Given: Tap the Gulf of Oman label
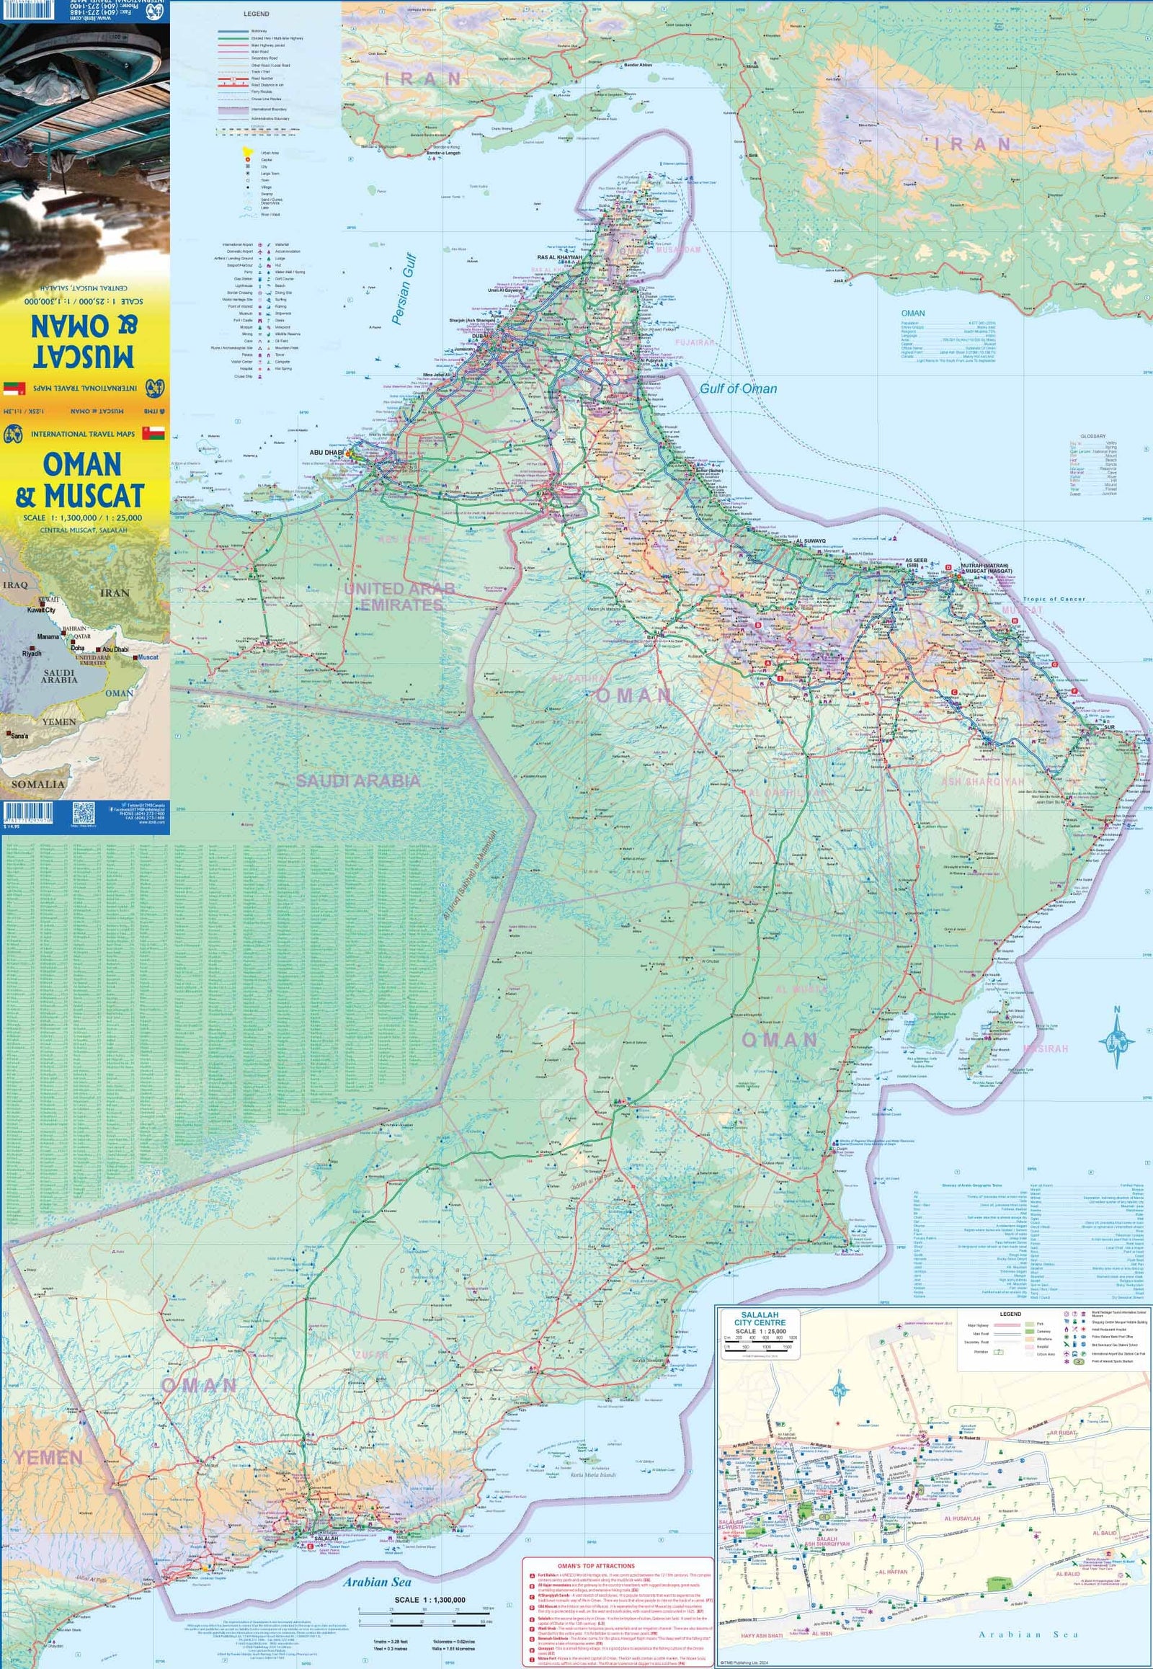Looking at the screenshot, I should (x=738, y=388).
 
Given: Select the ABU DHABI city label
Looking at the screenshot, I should (x=326, y=453).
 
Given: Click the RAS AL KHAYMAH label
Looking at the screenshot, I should (x=559, y=257).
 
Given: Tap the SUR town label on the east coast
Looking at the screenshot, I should (x=1109, y=728).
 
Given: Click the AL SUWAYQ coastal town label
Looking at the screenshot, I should (x=810, y=540).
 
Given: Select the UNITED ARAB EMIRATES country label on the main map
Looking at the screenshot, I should (x=399, y=597).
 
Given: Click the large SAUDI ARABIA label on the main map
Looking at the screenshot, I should (x=357, y=780).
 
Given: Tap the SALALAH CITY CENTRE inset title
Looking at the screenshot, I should (x=760, y=1318).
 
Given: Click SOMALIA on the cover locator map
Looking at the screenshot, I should (x=37, y=784).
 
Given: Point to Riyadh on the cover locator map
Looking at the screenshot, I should (x=32, y=653).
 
